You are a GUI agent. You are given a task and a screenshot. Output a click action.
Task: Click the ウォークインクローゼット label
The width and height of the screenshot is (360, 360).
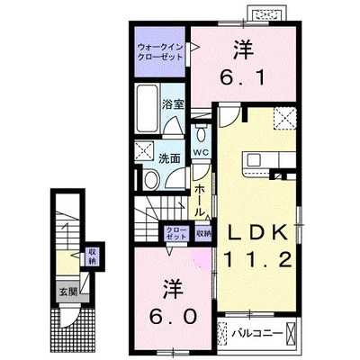pos(161,51)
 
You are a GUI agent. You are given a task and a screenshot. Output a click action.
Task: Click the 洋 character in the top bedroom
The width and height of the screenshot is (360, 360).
pos(242,47)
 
